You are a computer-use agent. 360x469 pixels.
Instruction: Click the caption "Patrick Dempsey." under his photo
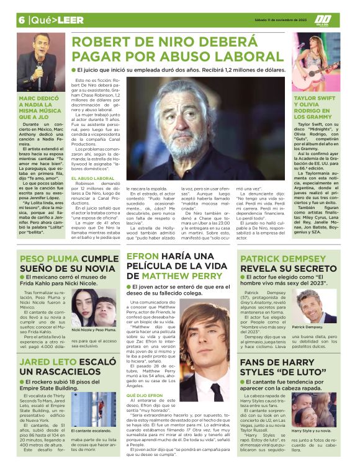pos(308,327)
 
